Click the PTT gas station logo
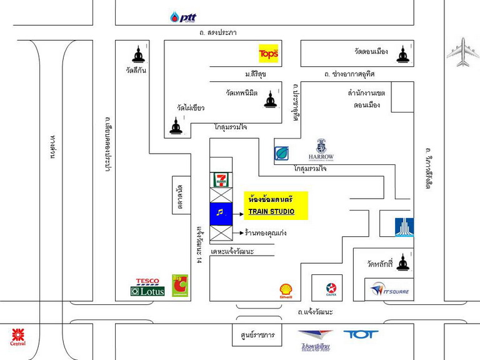[183, 17]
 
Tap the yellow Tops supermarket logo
[268, 54]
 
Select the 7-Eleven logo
[221, 180]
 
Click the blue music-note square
[221, 212]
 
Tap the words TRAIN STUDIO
[271, 212]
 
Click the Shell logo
[286, 291]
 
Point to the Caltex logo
[332, 288]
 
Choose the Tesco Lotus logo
[147, 287]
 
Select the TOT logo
[361, 334]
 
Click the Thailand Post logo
[315, 340]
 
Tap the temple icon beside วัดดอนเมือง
[401, 54]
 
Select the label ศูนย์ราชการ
[253, 336]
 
